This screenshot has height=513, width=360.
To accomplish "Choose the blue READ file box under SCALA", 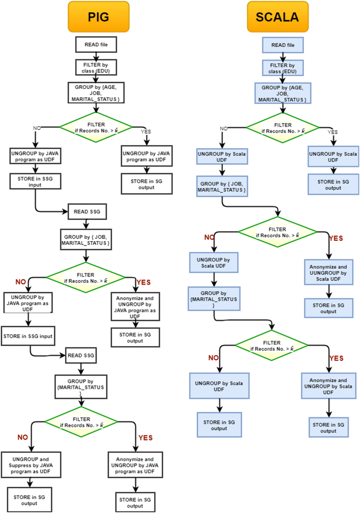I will coord(282,45).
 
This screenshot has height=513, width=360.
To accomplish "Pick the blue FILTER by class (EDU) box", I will coord(282,68).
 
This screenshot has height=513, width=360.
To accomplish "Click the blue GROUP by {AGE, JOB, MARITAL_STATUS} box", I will coord(282,93).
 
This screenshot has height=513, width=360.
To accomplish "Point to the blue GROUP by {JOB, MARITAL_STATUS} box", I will coord(222,187).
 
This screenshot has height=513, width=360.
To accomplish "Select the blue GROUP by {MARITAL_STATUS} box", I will coord(214,299).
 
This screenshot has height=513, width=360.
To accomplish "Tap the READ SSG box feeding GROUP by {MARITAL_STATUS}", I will coord(82,355).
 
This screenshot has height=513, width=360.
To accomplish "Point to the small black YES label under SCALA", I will coord(332,132).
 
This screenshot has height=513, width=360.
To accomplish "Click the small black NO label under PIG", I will coord(37,128).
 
